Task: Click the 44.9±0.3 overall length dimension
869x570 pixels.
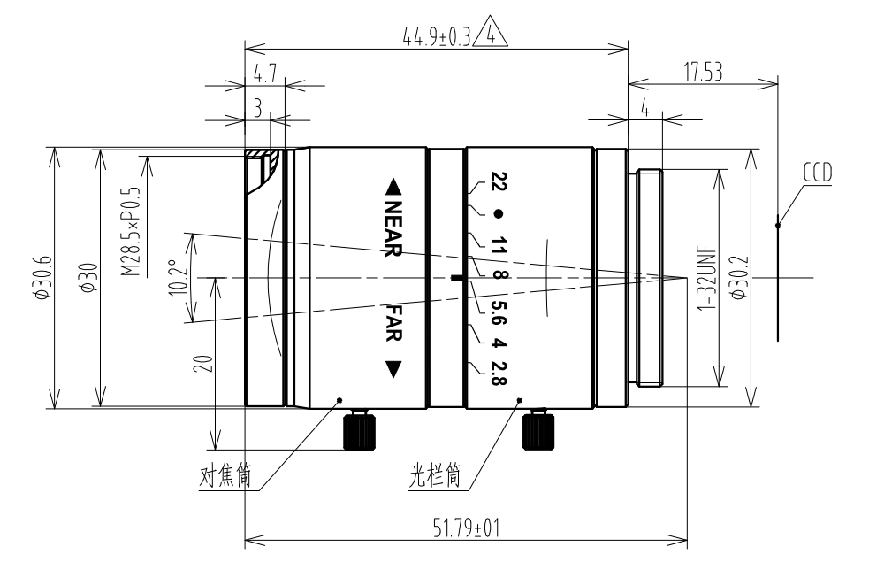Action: (x=436, y=37)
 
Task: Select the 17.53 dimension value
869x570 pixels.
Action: (x=703, y=73)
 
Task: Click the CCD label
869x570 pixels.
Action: (x=818, y=173)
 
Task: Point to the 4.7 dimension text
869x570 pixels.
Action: (x=264, y=74)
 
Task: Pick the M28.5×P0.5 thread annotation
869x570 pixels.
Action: (x=131, y=231)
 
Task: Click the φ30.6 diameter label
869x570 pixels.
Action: (x=42, y=278)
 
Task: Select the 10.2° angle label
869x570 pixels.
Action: (x=179, y=278)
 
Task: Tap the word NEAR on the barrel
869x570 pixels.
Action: (x=393, y=228)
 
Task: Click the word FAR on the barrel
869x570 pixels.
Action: (x=393, y=322)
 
